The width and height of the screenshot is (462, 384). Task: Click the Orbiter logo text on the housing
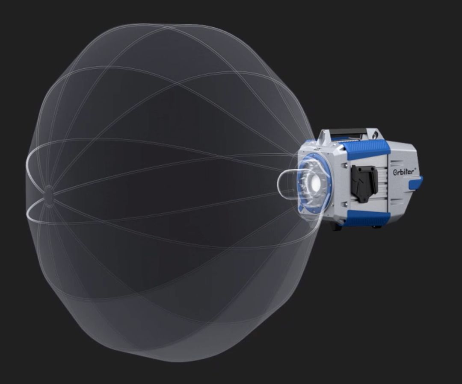click(405, 172)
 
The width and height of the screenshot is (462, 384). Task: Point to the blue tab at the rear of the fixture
click(415, 183)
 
